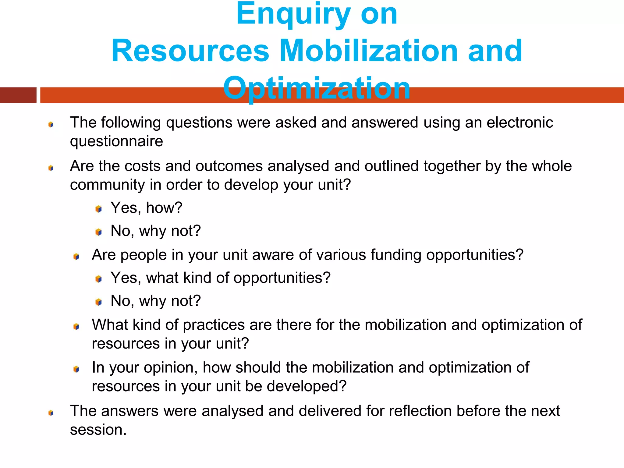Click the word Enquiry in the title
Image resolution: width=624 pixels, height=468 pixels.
click(x=293, y=15)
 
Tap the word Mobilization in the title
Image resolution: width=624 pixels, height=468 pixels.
click(x=368, y=51)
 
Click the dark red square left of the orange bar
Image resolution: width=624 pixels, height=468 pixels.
click(x=18, y=95)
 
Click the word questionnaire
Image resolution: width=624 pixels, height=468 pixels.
click(x=116, y=141)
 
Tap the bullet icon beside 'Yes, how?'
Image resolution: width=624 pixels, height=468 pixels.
click(x=98, y=209)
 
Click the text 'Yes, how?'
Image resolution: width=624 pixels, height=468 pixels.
click(x=146, y=208)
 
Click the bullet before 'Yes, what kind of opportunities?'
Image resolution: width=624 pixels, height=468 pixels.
click(x=98, y=279)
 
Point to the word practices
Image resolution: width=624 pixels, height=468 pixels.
click(x=214, y=325)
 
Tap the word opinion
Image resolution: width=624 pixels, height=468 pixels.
click(x=168, y=368)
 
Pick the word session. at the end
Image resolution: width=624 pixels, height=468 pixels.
click(x=98, y=430)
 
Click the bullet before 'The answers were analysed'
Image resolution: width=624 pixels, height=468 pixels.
click(x=51, y=413)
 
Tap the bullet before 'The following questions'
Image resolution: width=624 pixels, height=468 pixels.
click(x=51, y=124)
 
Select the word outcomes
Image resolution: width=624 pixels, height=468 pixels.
click(x=229, y=166)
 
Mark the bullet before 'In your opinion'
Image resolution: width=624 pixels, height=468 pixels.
click(x=76, y=369)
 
